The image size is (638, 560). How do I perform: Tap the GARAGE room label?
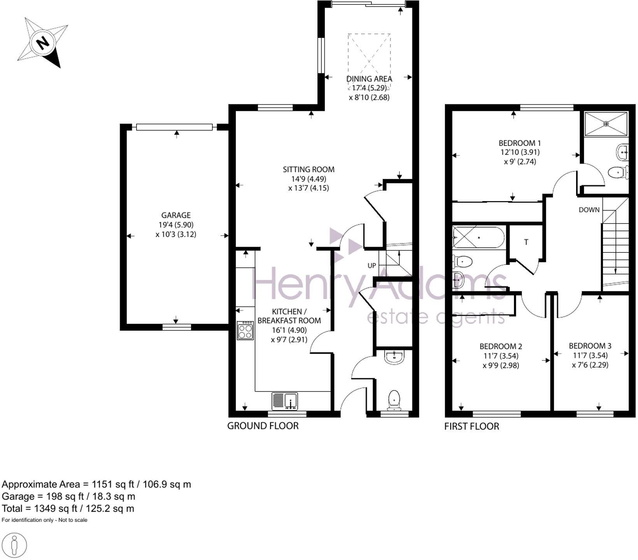pos(176,215)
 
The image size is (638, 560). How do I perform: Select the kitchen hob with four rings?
pos(245,330)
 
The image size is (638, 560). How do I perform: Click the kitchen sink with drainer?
pos(285,401)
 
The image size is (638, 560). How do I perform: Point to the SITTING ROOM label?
pos(308,169)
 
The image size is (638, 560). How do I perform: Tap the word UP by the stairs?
pos(372,266)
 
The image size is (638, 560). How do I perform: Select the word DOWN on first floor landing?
pos(589,210)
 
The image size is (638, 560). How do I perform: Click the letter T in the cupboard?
pos(526,242)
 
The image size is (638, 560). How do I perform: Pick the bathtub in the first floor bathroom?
pos(478,237)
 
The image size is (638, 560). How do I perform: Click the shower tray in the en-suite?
pos(606,124)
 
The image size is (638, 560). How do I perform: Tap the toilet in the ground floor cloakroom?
pos(394,400)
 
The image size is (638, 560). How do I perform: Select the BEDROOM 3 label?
pos(590,346)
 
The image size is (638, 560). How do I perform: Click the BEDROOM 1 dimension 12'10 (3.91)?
pos(520,152)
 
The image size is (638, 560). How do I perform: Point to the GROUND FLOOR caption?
pos(263,426)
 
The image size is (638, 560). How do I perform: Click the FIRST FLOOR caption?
pos(471,426)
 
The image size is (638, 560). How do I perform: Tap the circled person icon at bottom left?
pos(14,546)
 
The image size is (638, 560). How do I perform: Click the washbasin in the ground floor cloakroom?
pos(394,357)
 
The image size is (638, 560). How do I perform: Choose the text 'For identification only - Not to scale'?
pos(44,520)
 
